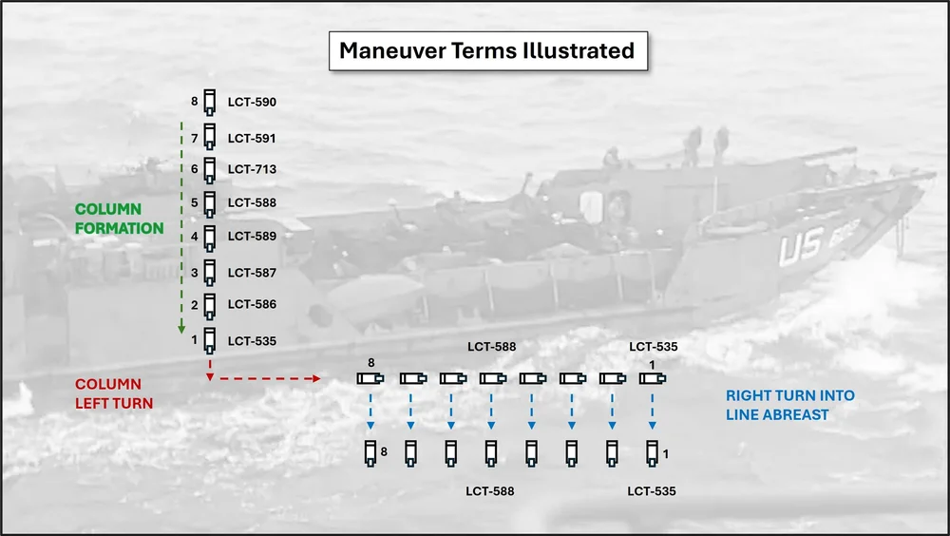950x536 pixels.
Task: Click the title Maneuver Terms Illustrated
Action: [x=487, y=50]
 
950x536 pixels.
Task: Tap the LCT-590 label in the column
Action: [x=252, y=102]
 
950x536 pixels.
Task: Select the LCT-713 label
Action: [x=252, y=169]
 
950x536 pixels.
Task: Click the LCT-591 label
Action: [x=252, y=139]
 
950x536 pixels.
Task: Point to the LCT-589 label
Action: [x=252, y=236]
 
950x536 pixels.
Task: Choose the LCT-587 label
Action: [x=252, y=273]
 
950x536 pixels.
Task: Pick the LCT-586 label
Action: [x=252, y=304]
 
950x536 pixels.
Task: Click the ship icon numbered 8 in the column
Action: [x=210, y=102]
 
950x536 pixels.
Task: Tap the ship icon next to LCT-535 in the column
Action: [x=210, y=339]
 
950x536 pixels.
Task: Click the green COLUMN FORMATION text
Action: [x=120, y=219]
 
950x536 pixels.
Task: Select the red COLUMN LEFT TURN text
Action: [x=108, y=393]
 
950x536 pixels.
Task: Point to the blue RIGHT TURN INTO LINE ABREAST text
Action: [x=789, y=405]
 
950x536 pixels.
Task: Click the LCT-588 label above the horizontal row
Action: [x=492, y=347]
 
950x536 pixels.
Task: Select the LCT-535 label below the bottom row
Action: [x=653, y=491]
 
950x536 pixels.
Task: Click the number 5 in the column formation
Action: [x=194, y=202]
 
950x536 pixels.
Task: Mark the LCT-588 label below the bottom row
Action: [x=490, y=491]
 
